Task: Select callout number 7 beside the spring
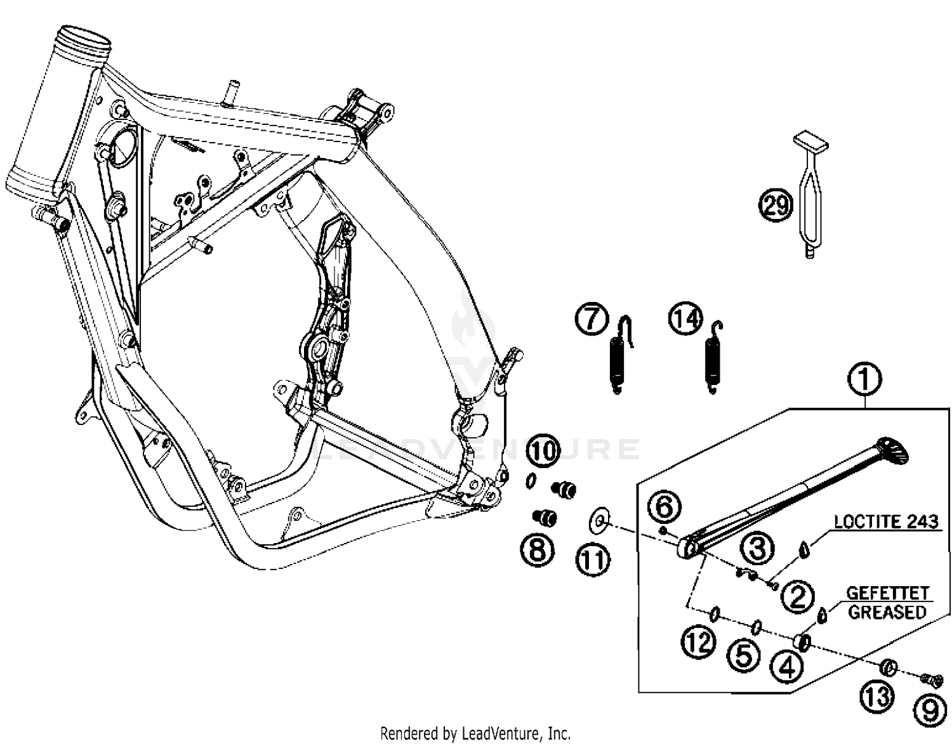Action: coord(592,318)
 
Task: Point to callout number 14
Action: coord(686,318)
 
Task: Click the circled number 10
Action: coord(543,451)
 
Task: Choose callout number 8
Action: coord(537,549)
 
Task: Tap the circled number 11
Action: coord(593,560)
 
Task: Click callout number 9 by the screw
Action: coord(929,710)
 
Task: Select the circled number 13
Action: coord(878,697)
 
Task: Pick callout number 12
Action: coord(698,643)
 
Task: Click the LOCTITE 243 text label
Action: coord(885,522)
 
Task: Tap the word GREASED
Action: coord(887,613)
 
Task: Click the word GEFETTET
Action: coord(887,594)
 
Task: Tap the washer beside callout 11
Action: coord(599,520)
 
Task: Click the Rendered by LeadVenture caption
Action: coord(475,733)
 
